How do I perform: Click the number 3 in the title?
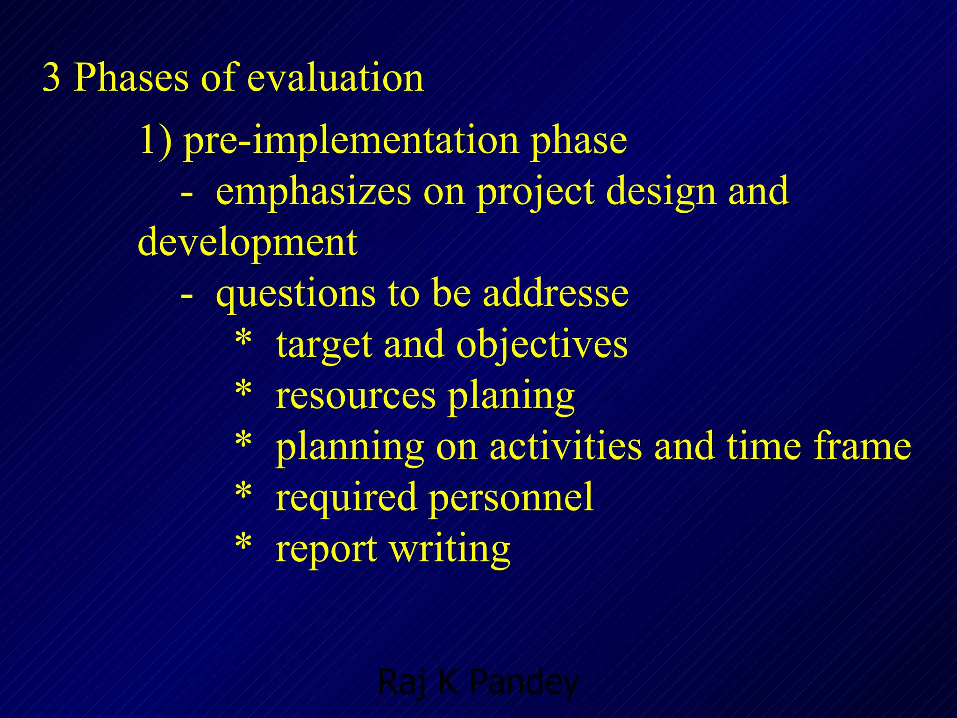51,78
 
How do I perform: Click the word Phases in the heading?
131,78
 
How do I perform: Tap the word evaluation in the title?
335,78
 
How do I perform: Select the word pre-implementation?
351,141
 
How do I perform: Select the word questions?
296,294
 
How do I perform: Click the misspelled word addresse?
556,294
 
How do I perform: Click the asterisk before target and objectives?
243,337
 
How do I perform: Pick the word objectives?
542,345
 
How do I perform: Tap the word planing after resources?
511,396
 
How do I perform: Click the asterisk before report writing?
243,542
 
